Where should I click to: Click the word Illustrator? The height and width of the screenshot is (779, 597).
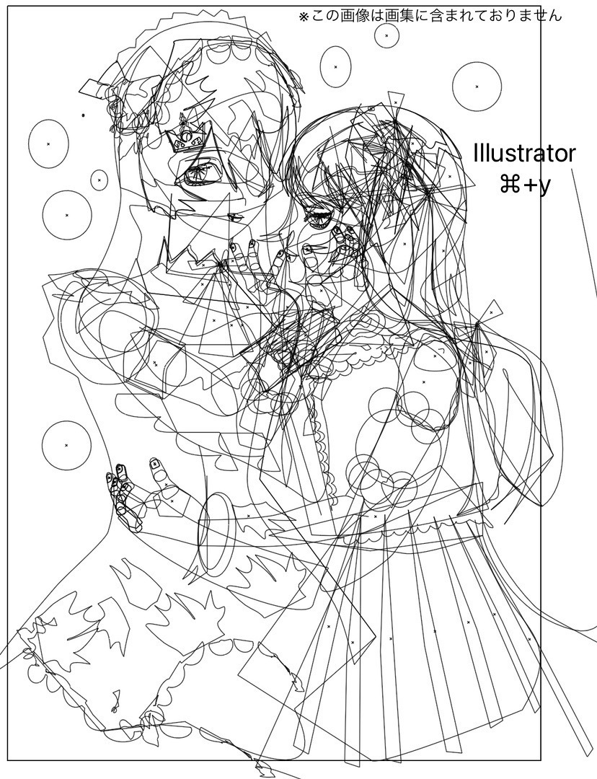click(x=525, y=154)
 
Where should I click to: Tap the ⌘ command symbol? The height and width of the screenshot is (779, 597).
click(x=510, y=186)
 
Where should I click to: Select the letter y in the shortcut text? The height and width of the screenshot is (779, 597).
click(x=545, y=188)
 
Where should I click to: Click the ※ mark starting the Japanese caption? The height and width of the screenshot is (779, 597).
click(x=304, y=17)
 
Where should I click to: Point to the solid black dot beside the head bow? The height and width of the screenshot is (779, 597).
click(x=83, y=115)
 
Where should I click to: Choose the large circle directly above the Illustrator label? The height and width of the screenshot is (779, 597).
click(x=477, y=87)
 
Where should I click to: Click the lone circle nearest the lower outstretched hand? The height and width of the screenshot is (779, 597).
click(x=66, y=444)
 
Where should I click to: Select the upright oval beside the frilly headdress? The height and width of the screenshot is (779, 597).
click(x=335, y=66)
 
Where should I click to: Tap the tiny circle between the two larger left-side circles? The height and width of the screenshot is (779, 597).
click(x=99, y=180)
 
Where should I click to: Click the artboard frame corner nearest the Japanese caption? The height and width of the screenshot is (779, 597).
click(x=540, y=6)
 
